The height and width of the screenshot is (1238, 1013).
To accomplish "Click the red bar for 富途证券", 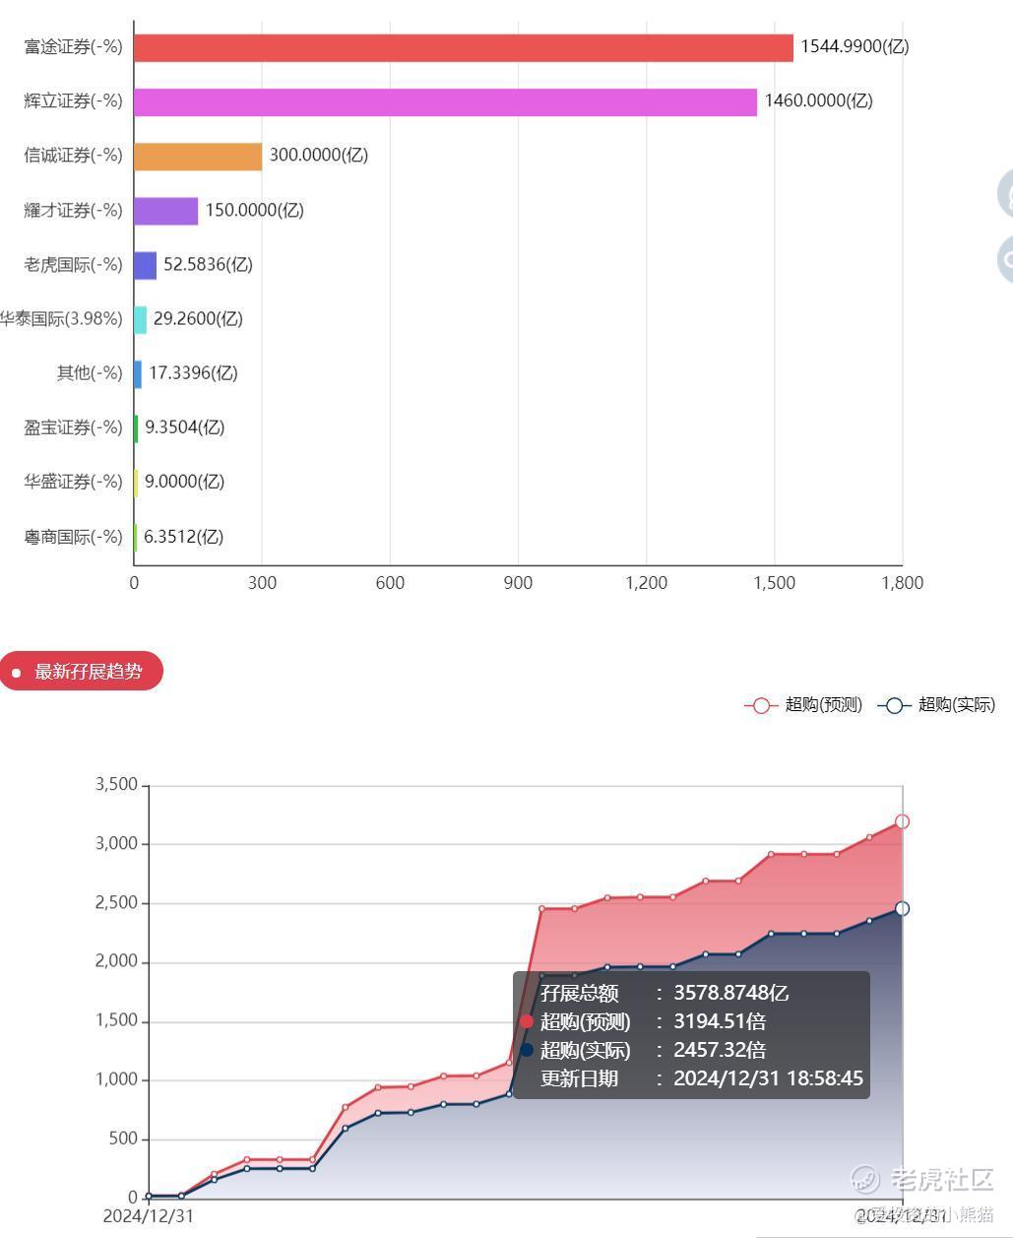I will click(x=463, y=47).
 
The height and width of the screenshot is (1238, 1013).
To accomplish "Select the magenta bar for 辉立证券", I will click(x=445, y=101).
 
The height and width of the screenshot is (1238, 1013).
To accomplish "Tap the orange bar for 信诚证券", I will click(x=198, y=156).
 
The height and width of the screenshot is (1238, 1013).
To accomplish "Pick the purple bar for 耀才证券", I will click(x=165, y=211).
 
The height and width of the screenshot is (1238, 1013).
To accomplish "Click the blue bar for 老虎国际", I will click(x=145, y=265).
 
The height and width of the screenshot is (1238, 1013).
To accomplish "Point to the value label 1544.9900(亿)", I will click(x=855, y=46).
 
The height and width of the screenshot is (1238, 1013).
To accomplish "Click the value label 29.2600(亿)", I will click(x=198, y=319).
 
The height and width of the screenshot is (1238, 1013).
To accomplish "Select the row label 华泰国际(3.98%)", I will click(x=61, y=319).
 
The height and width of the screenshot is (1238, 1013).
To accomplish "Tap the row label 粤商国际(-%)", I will click(x=74, y=537).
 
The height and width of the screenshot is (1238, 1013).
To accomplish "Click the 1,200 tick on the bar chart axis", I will click(x=647, y=583).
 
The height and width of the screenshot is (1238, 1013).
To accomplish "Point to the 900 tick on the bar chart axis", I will click(x=518, y=583).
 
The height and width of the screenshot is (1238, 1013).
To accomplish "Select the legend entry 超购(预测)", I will click(x=803, y=705).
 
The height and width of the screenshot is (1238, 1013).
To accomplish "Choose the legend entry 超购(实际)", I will click(x=936, y=705).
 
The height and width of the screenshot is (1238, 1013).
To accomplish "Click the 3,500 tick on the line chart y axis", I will click(x=116, y=785).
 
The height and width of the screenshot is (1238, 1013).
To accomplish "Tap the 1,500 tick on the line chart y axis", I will click(x=116, y=1020).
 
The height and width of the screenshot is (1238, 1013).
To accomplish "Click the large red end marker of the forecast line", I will click(x=902, y=821).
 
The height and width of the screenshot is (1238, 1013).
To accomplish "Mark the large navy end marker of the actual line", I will click(x=902, y=908).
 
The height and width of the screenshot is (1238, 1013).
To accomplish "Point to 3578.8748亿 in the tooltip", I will click(x=730, y=993).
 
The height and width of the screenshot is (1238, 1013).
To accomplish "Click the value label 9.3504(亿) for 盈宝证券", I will click(x=184, y=427).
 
